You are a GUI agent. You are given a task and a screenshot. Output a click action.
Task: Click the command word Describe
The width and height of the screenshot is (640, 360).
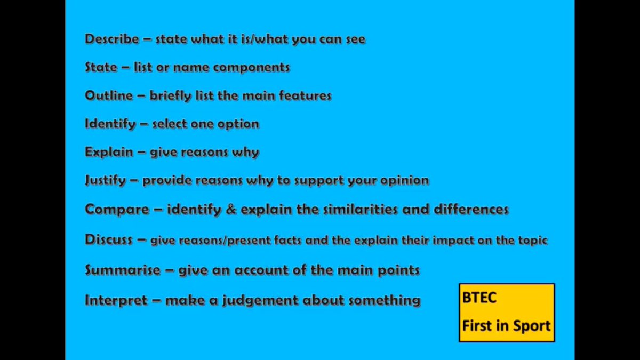[x=111, y=39]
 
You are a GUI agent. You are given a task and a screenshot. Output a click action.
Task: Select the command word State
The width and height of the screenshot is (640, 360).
[x=101, y=67]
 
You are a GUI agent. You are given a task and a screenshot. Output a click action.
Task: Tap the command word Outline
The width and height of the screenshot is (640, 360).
[x=109, y=95]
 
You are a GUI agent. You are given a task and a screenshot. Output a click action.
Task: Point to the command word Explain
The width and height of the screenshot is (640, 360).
[x=109, y=152]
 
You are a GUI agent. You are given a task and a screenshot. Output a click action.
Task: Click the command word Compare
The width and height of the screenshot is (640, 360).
[x=117, y=209]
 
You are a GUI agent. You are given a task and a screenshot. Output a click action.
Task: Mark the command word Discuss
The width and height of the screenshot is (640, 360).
[x=109, y=239]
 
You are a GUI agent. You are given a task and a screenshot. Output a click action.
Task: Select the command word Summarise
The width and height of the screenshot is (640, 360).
[x=123, y=270]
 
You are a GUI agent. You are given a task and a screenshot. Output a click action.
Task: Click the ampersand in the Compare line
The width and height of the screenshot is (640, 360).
[x=230, y=209]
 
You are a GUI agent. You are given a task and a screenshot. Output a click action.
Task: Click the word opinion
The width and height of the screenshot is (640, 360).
[x=405, y=180]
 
